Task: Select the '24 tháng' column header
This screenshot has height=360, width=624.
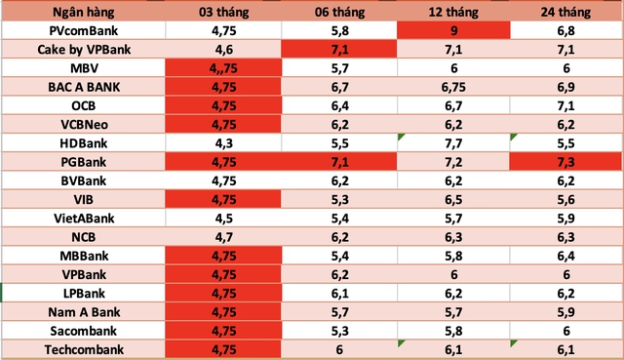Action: [567, 12]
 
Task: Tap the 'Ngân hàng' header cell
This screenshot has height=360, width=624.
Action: [84, 12]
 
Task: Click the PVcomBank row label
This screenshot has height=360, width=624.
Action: [84, 30]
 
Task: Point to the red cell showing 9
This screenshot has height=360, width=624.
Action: [452, 30]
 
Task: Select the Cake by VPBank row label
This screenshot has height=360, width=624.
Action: [84, 49]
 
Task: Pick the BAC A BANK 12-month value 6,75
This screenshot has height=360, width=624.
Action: [452, 86]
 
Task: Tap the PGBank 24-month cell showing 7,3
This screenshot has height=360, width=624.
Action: [567, 160]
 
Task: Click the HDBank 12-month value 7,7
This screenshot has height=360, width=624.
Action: [452, 141]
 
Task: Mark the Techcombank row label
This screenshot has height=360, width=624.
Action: [84, 348]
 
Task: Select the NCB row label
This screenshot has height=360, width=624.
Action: [84, 235]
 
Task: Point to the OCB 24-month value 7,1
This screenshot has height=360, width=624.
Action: [567, 104]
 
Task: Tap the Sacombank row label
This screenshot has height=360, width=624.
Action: [84, 330]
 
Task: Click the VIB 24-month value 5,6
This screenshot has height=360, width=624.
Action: [567, 198]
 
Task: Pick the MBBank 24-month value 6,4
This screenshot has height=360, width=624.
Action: [567, 255]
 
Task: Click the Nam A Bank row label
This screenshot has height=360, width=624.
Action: [84, 311]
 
